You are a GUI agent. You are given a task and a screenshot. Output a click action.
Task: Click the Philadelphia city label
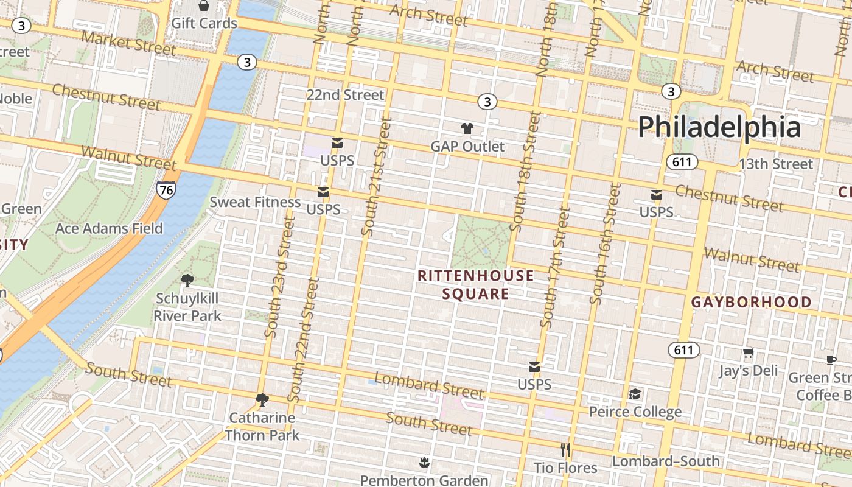click(719, 128)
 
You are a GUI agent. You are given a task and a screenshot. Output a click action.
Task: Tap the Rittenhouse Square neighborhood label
click(476, 285)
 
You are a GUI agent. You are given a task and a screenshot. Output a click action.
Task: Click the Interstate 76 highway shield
click(166, 190)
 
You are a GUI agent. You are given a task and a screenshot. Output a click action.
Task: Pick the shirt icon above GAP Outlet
click(467, 128)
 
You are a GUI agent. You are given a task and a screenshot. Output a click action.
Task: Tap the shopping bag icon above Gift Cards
click(204, 6)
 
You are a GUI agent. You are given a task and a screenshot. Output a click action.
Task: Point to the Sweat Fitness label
click(255, 202)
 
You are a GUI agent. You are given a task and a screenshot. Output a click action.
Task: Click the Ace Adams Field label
click(109, 229)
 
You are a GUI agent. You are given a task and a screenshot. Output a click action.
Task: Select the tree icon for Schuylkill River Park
click(187, 281)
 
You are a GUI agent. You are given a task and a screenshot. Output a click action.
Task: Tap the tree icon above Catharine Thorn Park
click(262, 400)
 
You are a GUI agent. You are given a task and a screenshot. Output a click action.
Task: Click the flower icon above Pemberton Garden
click(424, 463)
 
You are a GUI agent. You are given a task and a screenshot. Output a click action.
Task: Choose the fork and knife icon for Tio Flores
click(565, 450)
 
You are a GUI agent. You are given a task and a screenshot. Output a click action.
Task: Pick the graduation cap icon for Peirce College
click(635, 394)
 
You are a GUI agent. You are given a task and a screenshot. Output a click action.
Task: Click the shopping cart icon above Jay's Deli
click(748, 353)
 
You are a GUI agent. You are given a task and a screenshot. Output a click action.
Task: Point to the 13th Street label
click(775, 164)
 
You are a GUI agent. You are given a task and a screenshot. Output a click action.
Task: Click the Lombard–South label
click(666, 461)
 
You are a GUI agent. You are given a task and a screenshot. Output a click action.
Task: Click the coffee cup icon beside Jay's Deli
click(831, 360)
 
